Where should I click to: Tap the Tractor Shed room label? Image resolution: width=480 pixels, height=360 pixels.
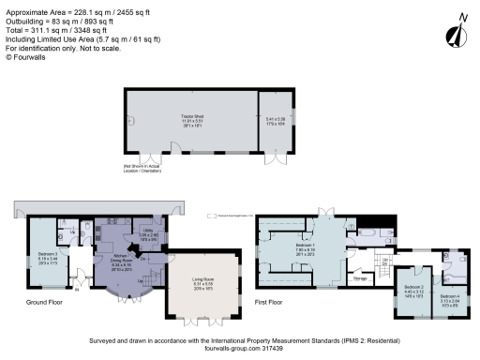click(x=193, y=118)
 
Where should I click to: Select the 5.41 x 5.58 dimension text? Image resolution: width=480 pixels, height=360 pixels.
click(x=275, y=120)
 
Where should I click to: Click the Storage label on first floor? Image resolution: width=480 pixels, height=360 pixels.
click(x=358, y=277)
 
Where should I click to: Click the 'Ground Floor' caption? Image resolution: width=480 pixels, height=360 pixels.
click(x=44, y=303)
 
